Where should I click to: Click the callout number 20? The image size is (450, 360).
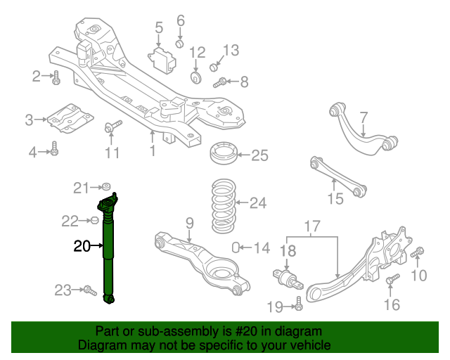pyautogui.click(x=82, y=246)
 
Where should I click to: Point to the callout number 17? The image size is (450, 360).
pyautogui.click(x=311, y=227)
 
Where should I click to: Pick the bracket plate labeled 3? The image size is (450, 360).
pyautogui.click(x=67, y=117)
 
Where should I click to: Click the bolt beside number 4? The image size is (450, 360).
pyautogui.click(x=55, y=150)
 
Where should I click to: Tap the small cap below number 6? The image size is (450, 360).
pyautogui.click(x=180, y=44)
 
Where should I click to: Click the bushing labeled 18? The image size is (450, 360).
pyautogui.click(x=288, y=279)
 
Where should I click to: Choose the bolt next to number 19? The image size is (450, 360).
pyautogui.click(x=299, y=304)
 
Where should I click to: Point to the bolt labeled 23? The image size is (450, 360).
pyautogui.click(x=89, y=289)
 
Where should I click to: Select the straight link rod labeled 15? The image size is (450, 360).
pyautogui.click(x=338, y=176)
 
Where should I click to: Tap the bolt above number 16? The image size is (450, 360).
pyautogui.click(x=392, y=281)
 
